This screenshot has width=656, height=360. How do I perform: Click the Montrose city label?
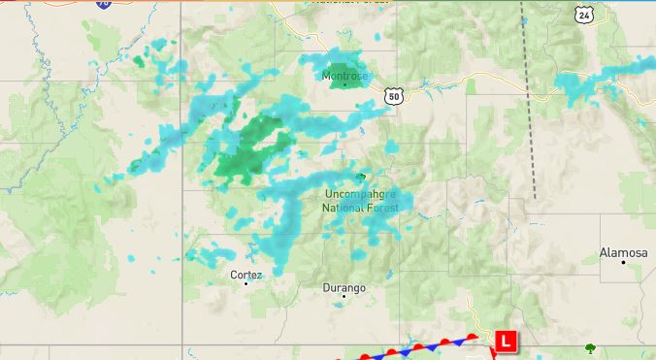pyautogui.click(x=344, y=76)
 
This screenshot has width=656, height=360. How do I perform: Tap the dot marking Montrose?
pyautogui.click(x=344, y=85)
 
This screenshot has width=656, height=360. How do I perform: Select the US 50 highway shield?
pyautogui.click(x=392, y=95)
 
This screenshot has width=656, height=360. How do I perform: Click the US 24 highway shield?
pyautogui.click(x=582, y=14)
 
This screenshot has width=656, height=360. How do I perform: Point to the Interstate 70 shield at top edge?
pyautogui.click(x=104, y=4)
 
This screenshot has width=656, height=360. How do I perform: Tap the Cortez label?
pyautogui.click(x=246, y=275)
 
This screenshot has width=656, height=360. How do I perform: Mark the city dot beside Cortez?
pyautogui.click(x=246, y=283)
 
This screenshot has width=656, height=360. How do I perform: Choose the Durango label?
pyautogui.click(x=344, y=288)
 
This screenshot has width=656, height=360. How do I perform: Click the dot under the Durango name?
pyautogui.click(x=344, y=297)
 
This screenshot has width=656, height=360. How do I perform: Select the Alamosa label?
pyautogui.click(x=623, y=253)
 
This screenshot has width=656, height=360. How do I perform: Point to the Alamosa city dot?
pyautogui.click(x=623, y=262)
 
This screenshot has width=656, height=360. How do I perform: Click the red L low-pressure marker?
pyautogui.click(x=506, y=342)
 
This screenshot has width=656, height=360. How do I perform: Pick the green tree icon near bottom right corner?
pyautogui.click(x=590, y=348)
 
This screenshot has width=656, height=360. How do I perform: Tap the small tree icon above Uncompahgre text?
pyautogui.click(x=361, y=177)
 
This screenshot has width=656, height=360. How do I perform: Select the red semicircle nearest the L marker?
pyautogui.click(x=473, y=337)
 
